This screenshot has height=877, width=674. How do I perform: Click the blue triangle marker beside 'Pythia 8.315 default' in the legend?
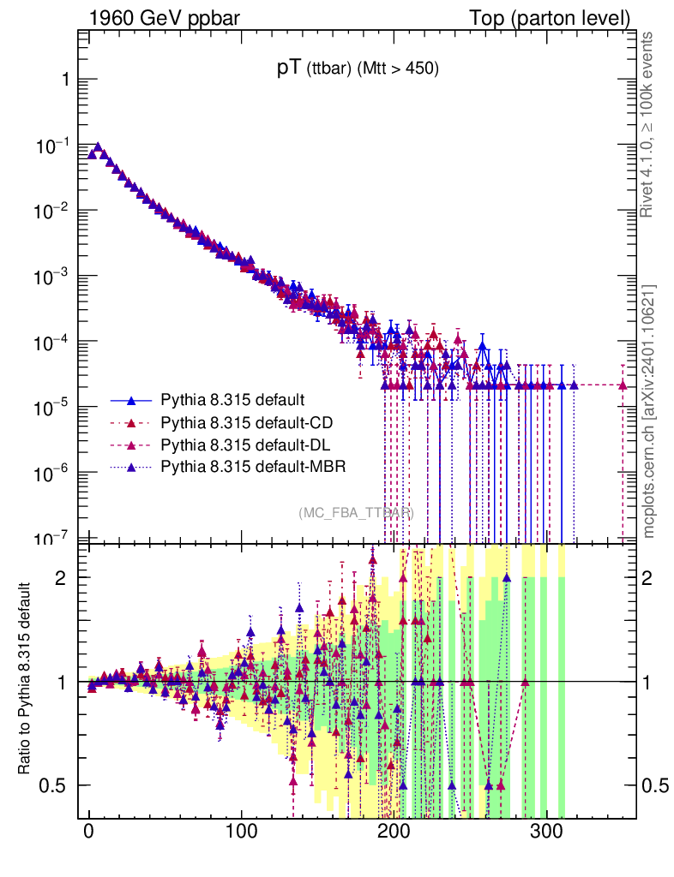[132, 400]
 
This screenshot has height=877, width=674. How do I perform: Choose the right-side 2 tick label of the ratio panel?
[653, 577]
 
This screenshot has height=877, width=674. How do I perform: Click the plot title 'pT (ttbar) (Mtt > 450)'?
[358, 70]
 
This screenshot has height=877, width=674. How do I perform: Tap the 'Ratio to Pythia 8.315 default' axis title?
[27, 680]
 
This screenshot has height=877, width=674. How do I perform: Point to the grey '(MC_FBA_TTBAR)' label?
[356, 513]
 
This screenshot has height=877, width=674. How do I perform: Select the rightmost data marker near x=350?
[623, 385]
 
